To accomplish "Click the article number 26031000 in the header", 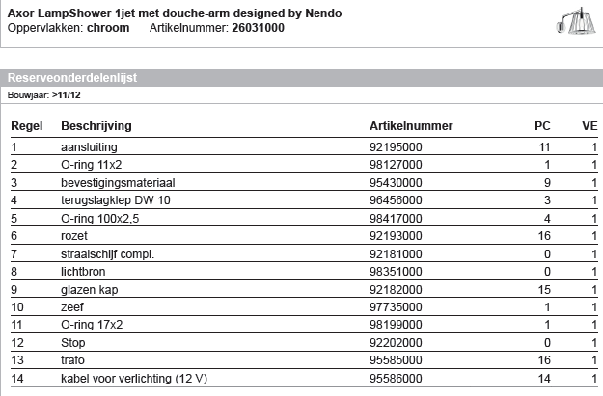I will point(259,29).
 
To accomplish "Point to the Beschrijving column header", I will point(96,126).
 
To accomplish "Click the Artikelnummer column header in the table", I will point(411,126).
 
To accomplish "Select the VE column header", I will point(589,126).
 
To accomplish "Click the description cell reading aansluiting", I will point(90,147).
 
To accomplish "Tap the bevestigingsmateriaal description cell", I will point(118,182).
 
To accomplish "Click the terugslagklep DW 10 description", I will point(114,199).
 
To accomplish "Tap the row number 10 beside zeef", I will point(17,305).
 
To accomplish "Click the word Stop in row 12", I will point(73,341).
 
